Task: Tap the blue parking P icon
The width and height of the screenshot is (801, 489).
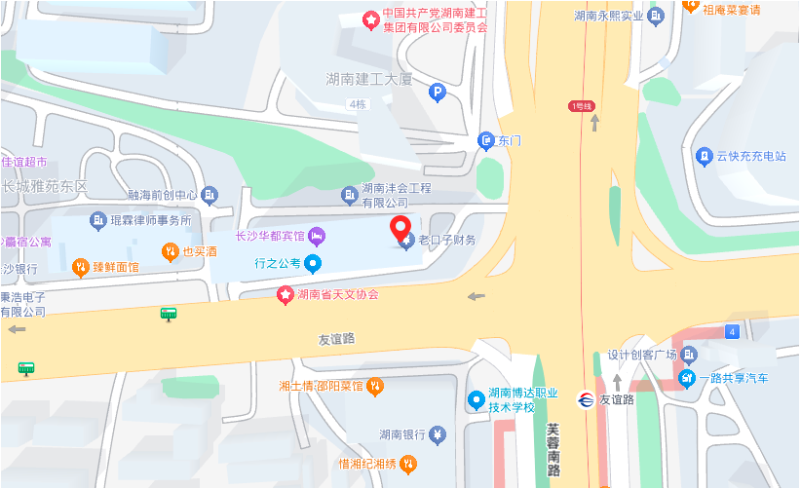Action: [x=438, y=94]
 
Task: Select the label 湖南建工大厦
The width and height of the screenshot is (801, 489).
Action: [x=369, y=78]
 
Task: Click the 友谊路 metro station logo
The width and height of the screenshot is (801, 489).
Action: [x=585, y=399]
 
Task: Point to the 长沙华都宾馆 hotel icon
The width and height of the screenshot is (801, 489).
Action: [x=317, y=236]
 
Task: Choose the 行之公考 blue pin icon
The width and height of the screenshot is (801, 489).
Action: [x=312, y=263]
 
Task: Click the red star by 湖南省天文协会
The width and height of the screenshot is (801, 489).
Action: [x=286, y=294]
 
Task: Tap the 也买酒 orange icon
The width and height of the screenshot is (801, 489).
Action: [x=172, y=251]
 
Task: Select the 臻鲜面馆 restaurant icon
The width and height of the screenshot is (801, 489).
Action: [x=81, y=266]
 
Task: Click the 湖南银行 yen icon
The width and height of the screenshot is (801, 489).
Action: [x=438, y=434]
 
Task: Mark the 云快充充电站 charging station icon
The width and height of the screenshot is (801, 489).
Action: [x=704, y=155]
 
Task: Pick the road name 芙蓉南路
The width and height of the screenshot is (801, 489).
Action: [x=553, y=449]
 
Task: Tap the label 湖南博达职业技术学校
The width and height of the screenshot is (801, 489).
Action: [x=523, y=399]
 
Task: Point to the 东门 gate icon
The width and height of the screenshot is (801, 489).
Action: [x=486, y=141]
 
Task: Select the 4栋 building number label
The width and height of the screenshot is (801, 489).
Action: [x=357, y=104]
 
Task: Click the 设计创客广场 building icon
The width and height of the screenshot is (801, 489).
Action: [x=689, y=355]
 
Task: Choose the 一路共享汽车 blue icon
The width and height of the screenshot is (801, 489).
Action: [x=688, y=378]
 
